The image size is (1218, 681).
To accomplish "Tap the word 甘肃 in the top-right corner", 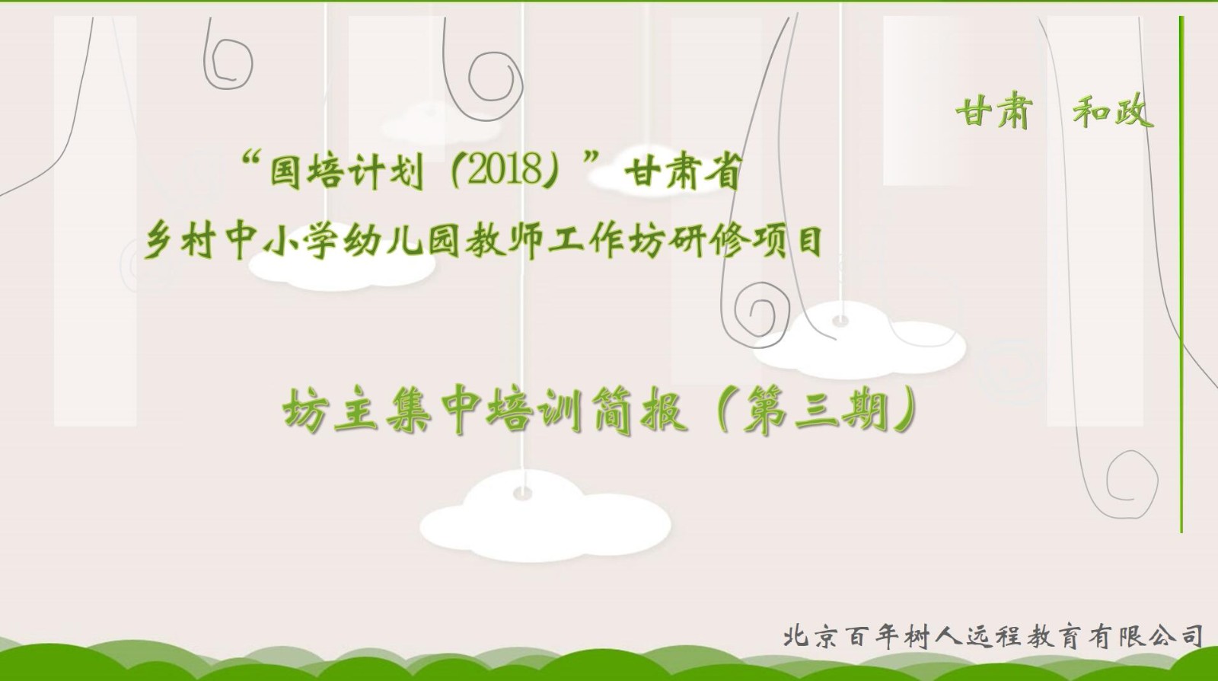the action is click(x=993, y=113).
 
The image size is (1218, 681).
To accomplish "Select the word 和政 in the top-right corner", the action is click(x=1112, y=113).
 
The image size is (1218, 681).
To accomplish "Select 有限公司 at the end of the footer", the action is click(x=1146, y=637).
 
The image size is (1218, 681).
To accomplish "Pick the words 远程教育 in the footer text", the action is click(x=1023, y=637).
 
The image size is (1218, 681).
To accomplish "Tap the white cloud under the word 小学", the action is click(x=342, y=269).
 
